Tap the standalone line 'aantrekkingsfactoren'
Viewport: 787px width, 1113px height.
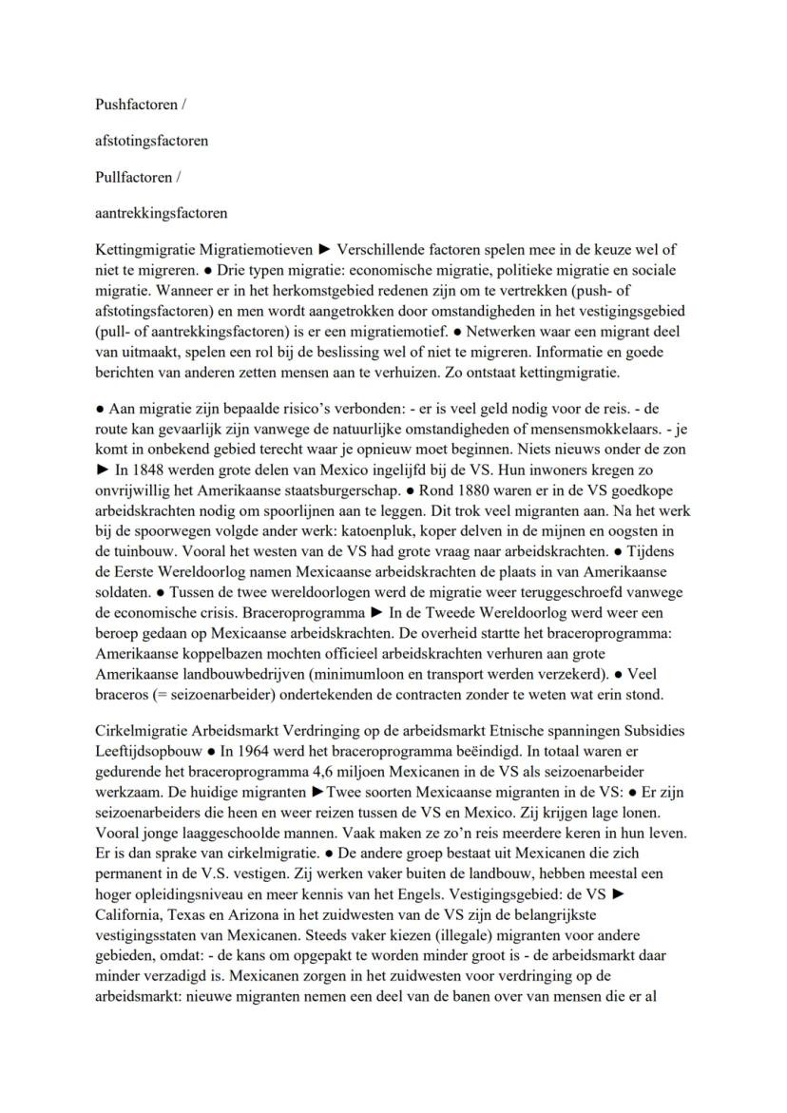click(x=161, y=213)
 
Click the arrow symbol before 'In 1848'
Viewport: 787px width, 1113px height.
click(x=103, y=470)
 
